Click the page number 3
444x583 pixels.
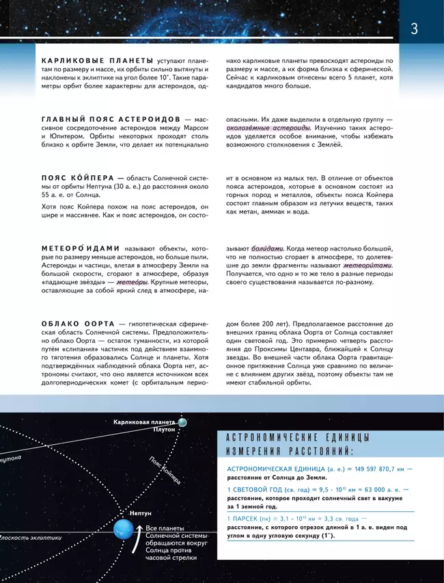pyautogui.click(x=415, y=29)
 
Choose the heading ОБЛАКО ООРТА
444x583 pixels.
pyautogui.click(x=76, y=322)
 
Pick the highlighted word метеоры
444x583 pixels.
pyautogui.click(x=132, y=283)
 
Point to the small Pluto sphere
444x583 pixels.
pyautogui.click(x=182, y=423)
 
